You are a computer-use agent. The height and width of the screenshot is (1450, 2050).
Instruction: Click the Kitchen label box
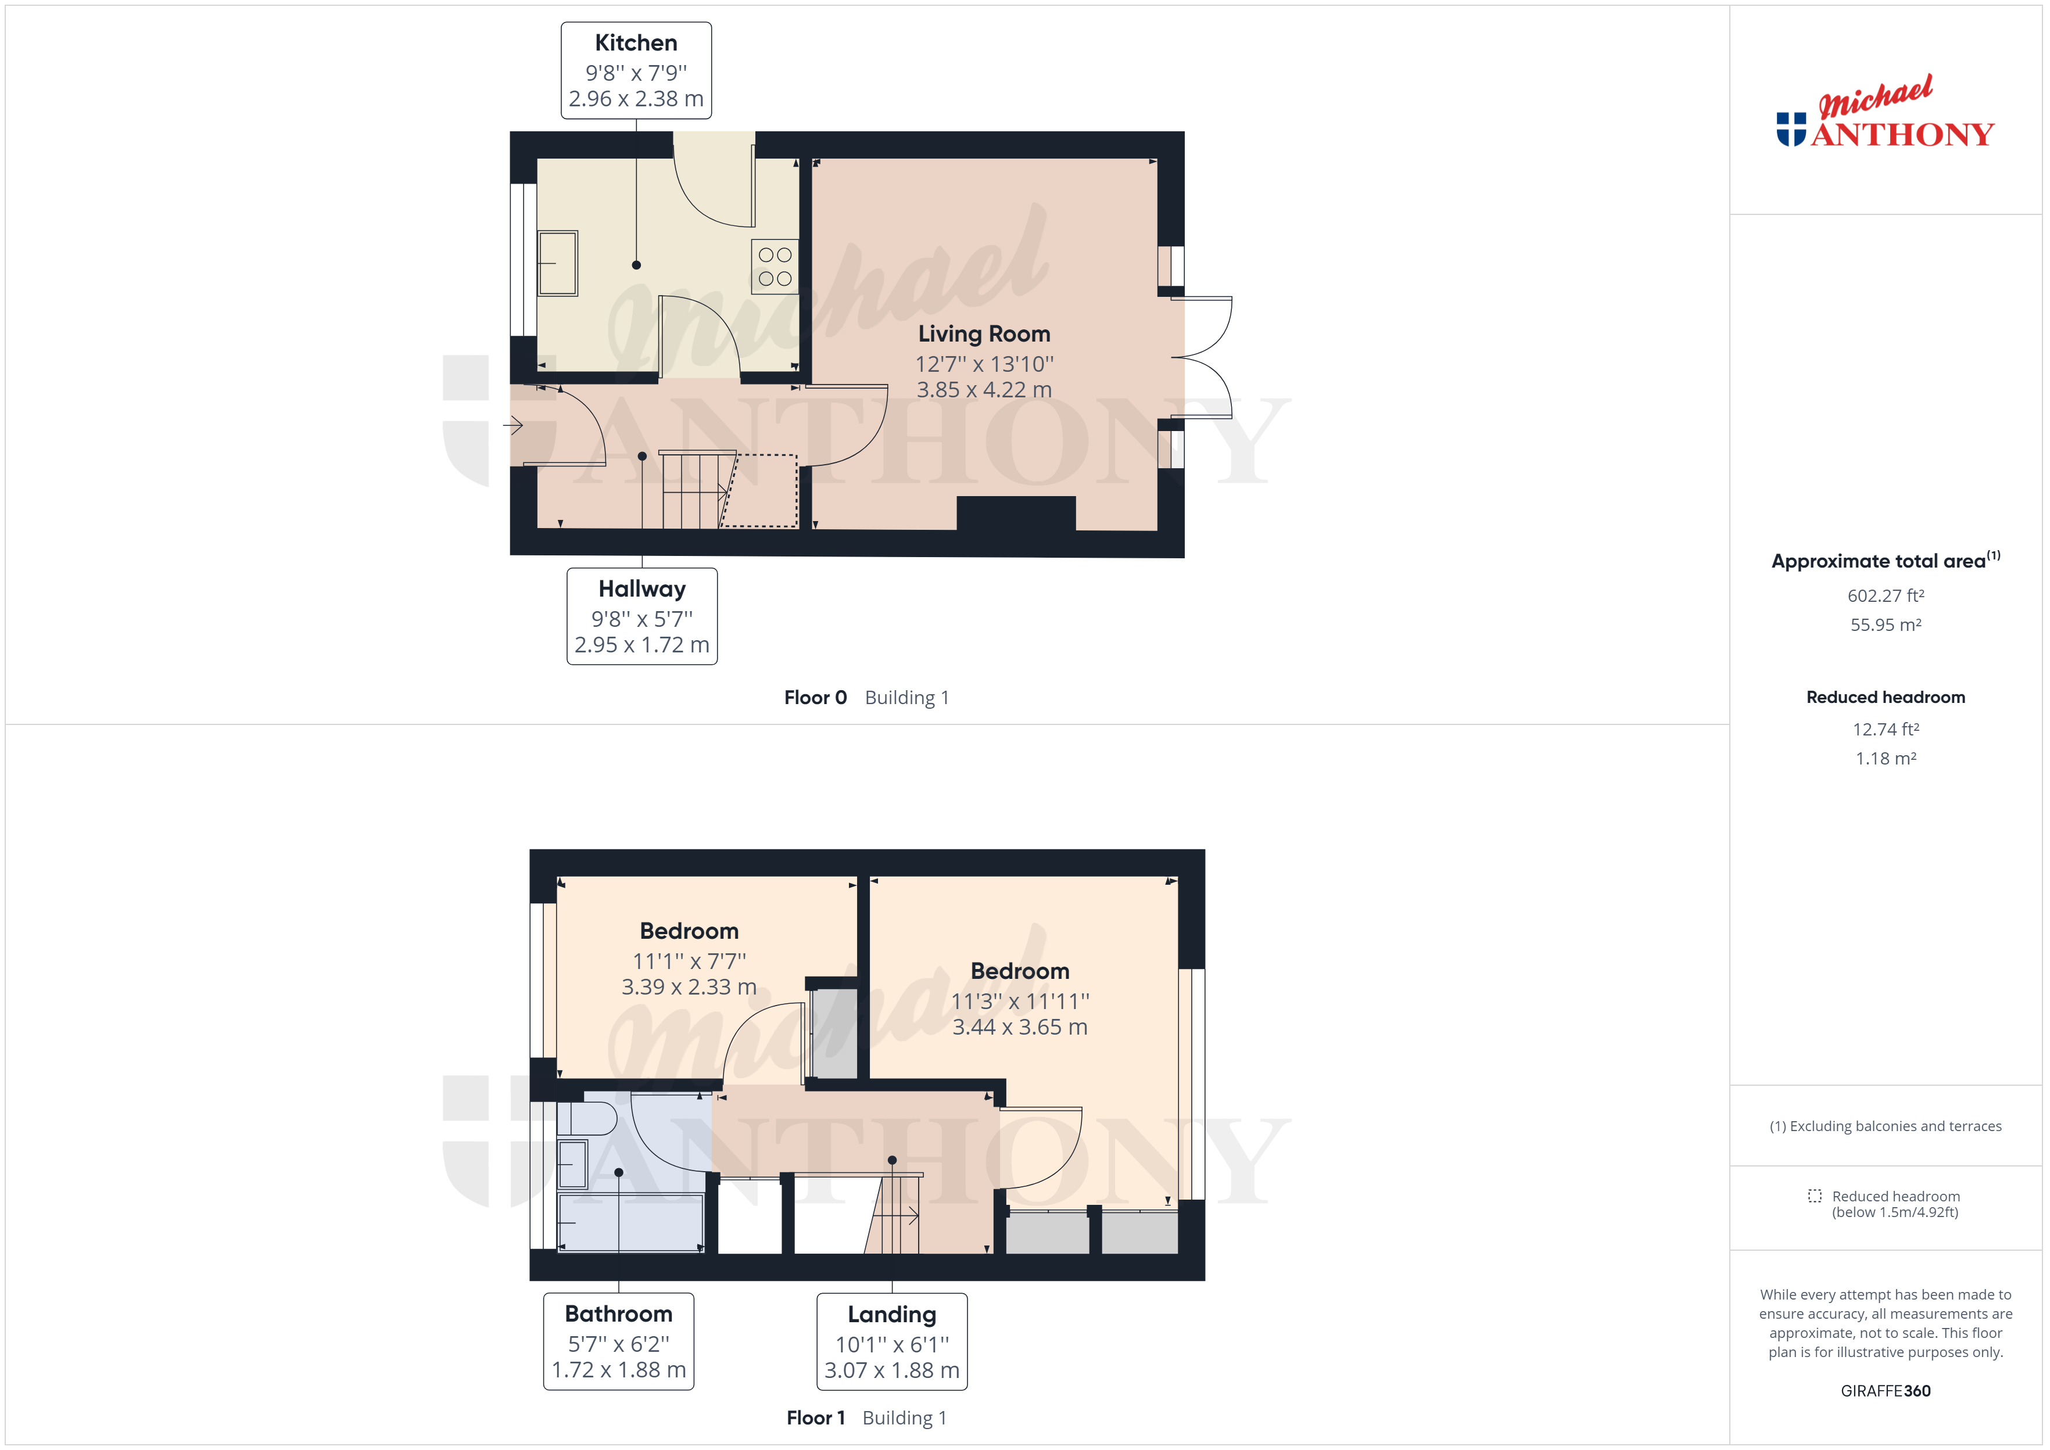pyautogui.click(x=636, y=70)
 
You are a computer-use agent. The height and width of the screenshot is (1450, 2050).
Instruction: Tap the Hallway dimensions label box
pyautogui.click(x=642, y=616)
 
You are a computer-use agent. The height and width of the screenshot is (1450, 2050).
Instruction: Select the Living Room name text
pyautogui.click(x=984, y=334)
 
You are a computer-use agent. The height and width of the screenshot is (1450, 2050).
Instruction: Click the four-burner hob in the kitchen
pyautogui.click(x=774, y=266)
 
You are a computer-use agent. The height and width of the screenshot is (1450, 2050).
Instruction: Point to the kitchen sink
pyautogui.click(x=557, y=263)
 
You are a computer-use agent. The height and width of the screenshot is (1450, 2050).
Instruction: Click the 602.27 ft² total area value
pyautogui.click(x=1886, y=595)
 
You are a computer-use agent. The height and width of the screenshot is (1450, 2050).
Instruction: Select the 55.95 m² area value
pyautogui.click(x=1886, y=625)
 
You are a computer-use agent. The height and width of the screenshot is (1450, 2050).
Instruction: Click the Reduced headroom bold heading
pyautogui.click(x=1886, y=697)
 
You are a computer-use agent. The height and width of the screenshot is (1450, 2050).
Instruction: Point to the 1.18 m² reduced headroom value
pyautogui.click(x=1886, y=758)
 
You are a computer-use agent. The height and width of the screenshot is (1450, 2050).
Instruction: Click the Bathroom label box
pyautogui.click(x=619, y=1341)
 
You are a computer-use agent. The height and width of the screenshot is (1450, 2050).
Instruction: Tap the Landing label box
pyautogui.click(x=892, y=1341)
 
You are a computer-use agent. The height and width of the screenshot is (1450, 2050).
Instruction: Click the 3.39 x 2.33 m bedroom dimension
pyautogui.click(x=689, y=986)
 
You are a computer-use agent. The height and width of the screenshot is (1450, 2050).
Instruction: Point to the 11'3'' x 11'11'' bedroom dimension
pyautogui.click(x=1020, y=1001)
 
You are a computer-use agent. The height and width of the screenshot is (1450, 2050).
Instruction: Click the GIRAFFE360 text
pyautogui.click(x=1886, y=1391)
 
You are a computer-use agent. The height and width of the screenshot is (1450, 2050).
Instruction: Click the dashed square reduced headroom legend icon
pyautogui.click(x=1814, y=1196)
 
